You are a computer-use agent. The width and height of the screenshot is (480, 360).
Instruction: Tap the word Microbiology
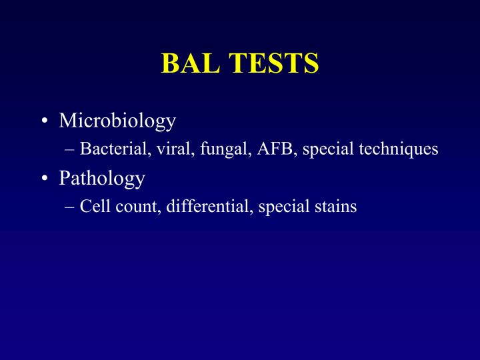[117, 121]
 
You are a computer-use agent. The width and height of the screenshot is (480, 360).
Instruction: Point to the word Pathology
[101, 178]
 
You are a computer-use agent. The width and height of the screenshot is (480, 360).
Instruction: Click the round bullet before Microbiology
[44, 121]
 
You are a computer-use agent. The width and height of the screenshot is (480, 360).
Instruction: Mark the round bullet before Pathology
[44, 179]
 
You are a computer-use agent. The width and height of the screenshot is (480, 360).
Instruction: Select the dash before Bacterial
[71, 149]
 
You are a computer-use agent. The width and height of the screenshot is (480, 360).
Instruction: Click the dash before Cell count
[71, 207]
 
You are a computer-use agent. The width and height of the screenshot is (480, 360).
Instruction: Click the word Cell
[93, 207]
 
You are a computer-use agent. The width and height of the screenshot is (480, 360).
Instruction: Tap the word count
[129, 207]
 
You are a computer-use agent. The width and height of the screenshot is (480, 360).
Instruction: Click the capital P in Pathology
[64, 178]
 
